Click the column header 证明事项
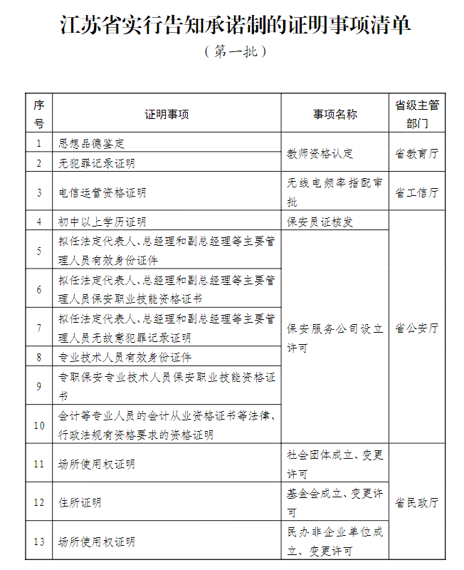pos(167,114)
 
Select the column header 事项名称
pos(335,114)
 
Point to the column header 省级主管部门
pos(417,114)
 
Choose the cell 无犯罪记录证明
pos(97,163)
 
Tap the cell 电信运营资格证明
pos(102,192)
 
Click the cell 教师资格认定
pos(320,153)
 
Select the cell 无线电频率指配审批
pos(335,192)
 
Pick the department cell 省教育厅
pos(417,153)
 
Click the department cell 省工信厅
pos(417,192)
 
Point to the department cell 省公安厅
pos(417,328)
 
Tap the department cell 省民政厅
pos(417,503)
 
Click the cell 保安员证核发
pos(320,222)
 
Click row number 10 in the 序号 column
pos(39,425)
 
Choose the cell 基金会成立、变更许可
pos(335,502)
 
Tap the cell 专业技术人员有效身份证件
pos(125,357)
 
